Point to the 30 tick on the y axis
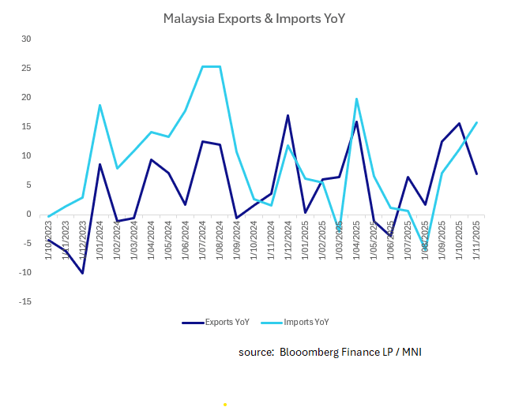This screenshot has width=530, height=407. pyautogui.click(x=26, y=39)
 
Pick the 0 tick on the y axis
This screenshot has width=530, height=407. pyautogui.click(x=28, y=214)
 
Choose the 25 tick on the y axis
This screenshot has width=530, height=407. pyautogui.click(x=26, y=68)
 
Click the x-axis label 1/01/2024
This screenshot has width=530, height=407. pyautogui.click(x=100, y=233)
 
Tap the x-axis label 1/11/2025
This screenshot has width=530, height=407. pyautogui.click(x=478, y=233)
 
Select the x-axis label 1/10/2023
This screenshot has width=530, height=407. pyautogui.click(x=49, y=233)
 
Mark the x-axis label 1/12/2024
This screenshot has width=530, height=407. pyautogui.click(x=289, y=233)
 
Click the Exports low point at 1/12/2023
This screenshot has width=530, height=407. pyautogui.click(x=83, y=273)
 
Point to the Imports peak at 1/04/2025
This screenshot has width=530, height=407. pyautogui.click(x=357, y=99)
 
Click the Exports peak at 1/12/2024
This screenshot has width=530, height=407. pyautogui.click(x=288, y=115)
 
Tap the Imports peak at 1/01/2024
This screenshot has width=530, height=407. pyautogui.click(x=100, y=105)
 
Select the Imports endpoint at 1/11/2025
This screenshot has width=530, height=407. pyautogui.click(x=477, y=122)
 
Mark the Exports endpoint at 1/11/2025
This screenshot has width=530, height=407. pyautogui.click(x=477, y=174)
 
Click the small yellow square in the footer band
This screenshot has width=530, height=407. pyautogui.click(x=225, y=404)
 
